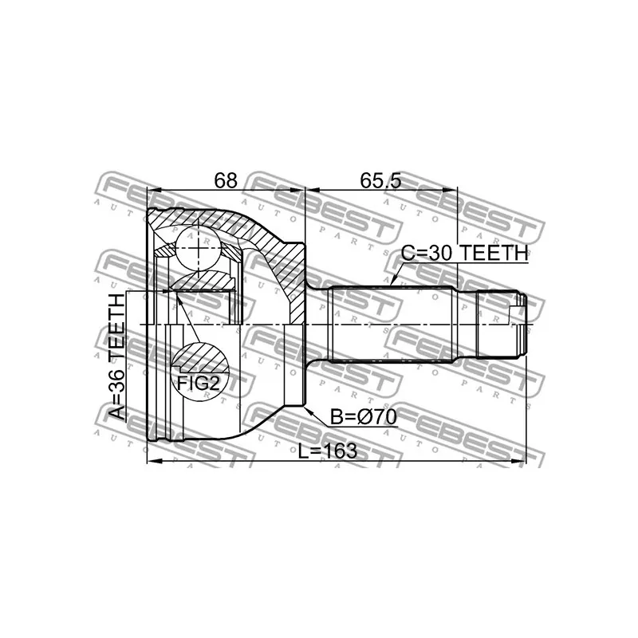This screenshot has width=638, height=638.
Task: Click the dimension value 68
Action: tap(226, 180)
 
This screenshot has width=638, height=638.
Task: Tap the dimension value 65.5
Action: tap(380, 180)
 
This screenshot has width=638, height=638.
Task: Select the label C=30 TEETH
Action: tap(464, 253)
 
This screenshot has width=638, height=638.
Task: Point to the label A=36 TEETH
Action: tap(116, 356)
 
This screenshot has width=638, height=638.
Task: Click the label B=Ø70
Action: tap(364, 417)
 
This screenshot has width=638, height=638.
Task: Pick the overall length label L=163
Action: tap(328, 451)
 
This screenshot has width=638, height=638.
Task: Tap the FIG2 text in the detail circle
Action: tap(199, 383)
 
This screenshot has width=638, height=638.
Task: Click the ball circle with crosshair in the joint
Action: tap(197, 248)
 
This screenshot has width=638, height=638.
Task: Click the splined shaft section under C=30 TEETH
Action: tap(392, 325)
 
